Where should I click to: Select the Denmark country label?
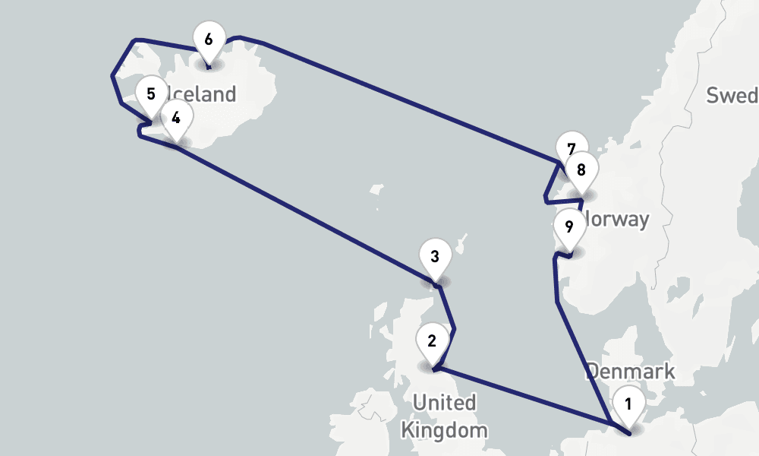pos(630,372)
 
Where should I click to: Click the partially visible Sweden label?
pos(732,96)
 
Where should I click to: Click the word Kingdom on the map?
pos(444,430)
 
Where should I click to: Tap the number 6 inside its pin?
pos(209,37)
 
